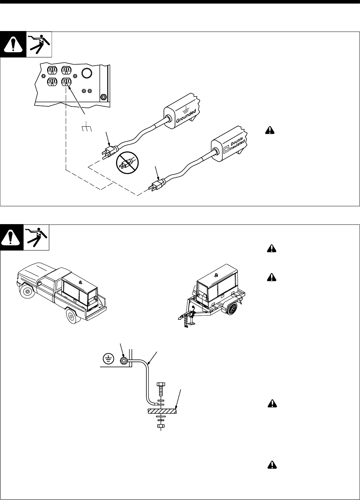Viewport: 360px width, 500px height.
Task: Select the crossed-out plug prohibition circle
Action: [x=127, y=163]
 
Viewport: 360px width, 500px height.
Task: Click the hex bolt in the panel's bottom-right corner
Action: [x=103, y=96]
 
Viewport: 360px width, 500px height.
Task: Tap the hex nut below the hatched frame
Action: [x=160, y=426]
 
